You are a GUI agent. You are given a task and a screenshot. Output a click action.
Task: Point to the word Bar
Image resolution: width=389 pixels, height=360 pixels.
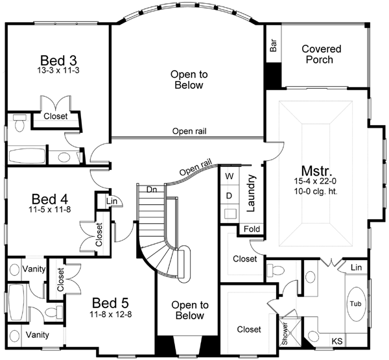coord(273,46)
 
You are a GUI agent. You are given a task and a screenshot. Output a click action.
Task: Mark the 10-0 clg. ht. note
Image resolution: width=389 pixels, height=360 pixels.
coord(318,192)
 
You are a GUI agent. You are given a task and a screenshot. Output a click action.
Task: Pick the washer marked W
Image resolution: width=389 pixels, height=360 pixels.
coord(229,176)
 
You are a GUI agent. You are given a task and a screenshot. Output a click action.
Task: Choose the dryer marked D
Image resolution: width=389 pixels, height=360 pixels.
coord(229,195)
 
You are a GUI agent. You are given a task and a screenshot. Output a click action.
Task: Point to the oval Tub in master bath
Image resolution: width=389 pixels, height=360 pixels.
coord(355,304)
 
